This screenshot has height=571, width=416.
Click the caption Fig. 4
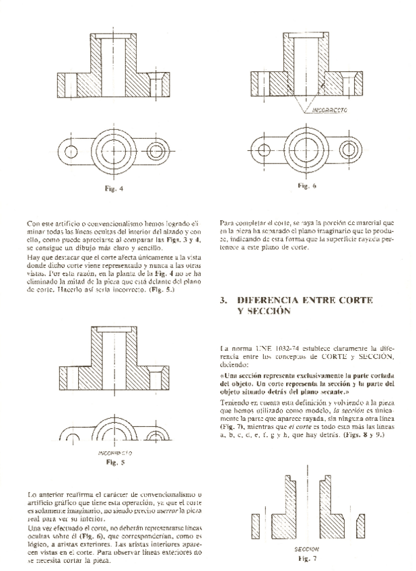click(x=114, y=189)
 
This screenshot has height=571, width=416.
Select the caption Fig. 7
click(x=308, y=559)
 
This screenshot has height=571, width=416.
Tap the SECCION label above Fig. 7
click(x=307, y=549)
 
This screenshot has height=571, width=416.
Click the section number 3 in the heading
click(x=223, y=300)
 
